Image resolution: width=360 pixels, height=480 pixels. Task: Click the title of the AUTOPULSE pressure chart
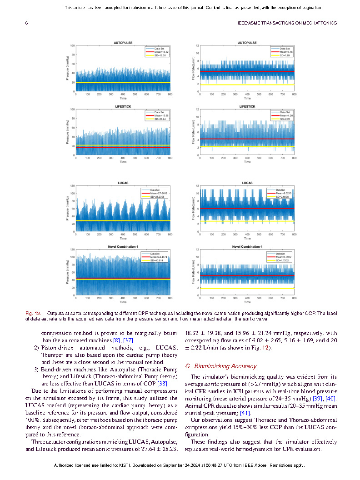123,43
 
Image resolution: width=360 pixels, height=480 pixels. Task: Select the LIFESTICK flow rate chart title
247,106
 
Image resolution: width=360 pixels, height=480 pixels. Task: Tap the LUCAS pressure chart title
123,183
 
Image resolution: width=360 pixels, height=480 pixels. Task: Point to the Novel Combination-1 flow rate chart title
247,246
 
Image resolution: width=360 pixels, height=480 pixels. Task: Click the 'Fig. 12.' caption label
32,313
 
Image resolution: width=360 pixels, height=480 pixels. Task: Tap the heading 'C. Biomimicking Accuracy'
221,366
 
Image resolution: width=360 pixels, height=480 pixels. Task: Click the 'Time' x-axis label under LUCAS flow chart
247,238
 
